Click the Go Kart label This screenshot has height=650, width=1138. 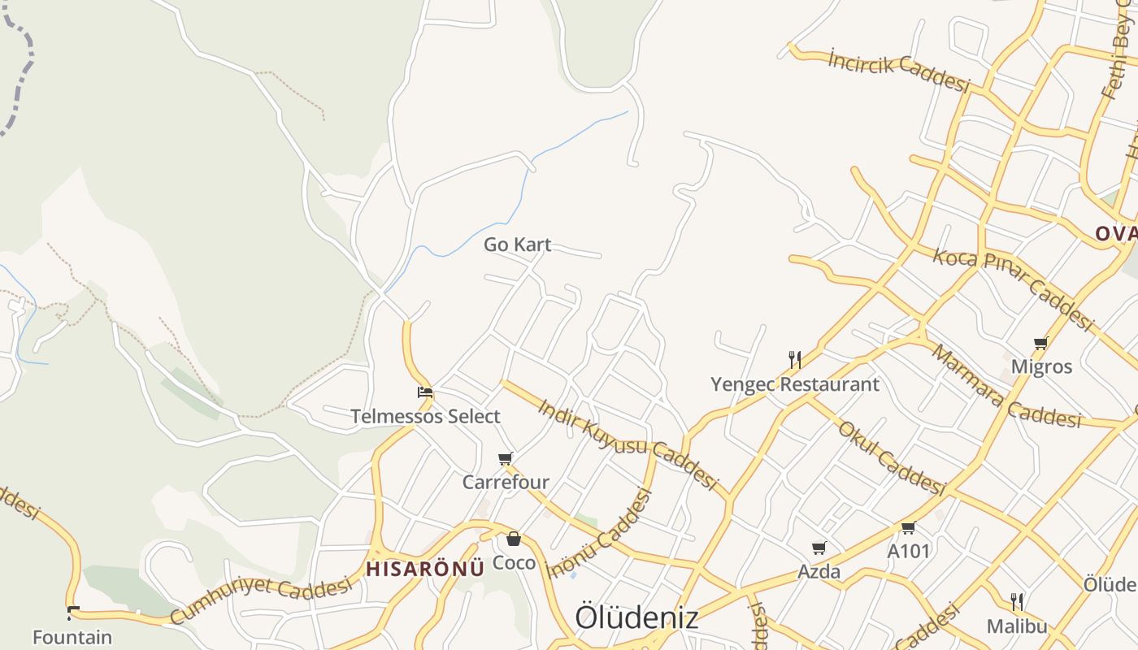(x=517, y=245)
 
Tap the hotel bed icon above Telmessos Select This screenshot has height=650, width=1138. (x=424, y=392)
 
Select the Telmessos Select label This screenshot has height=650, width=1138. (x=425, y=417)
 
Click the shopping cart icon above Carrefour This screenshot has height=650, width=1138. (x=506, y=459)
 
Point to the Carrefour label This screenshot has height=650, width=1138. (x=506, y=483)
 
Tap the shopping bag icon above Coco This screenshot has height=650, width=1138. (x=514, y=539)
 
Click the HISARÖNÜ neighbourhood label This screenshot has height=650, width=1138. (x=424, y=568)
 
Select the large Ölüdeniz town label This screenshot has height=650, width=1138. (x=636, y=617)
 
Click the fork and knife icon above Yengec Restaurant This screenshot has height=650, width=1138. (x=795, y=359)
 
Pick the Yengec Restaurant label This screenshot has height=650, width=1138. (x=795, y=384)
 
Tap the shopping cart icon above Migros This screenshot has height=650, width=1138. (x=1041, y=344)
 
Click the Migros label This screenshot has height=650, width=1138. (x=1041, y=367)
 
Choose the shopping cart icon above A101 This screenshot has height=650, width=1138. (x=908, y=528)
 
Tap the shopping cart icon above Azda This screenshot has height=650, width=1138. (x=819, y=548)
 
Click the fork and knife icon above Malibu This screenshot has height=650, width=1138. (x=1017, y=602)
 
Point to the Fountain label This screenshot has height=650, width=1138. (x=72, y=637)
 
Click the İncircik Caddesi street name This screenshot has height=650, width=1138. (x=899, y=71)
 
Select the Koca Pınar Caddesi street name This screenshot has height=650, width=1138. (x=1012, y=288)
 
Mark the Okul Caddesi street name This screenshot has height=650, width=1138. (x=892, y=457)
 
